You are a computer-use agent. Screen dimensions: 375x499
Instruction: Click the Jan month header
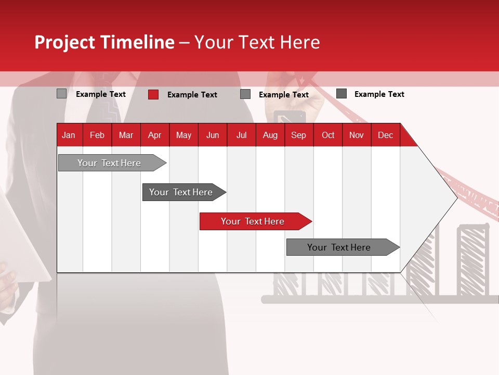pos(69,135)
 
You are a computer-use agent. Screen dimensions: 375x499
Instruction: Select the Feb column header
pos(97,135)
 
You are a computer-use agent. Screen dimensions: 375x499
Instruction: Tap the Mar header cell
pos(126,135)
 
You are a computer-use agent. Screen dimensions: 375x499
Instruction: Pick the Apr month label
pos(155,135)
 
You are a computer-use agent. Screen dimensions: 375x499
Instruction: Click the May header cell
pos(183,135)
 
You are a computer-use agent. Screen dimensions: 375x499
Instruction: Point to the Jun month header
pos(213,135)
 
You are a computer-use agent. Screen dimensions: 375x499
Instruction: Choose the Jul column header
pos(241,135)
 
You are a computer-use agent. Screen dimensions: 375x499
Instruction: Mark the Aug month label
pos(270,135)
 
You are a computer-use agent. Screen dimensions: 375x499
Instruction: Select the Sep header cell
pos(299,135)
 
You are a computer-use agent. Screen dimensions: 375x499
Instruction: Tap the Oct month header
pos(328,135)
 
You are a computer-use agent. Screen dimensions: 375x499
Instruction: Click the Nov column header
pos(357,135)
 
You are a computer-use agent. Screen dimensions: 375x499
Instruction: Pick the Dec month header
pos(386,135)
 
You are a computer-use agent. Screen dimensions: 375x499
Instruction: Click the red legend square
pos(153,94)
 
